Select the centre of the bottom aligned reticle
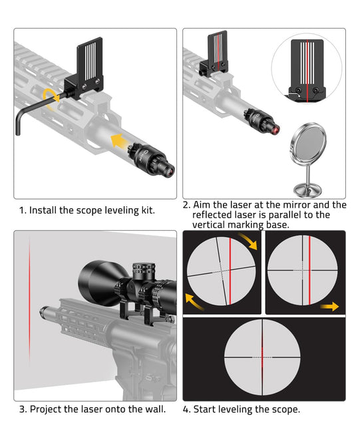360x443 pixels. (262, 357)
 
